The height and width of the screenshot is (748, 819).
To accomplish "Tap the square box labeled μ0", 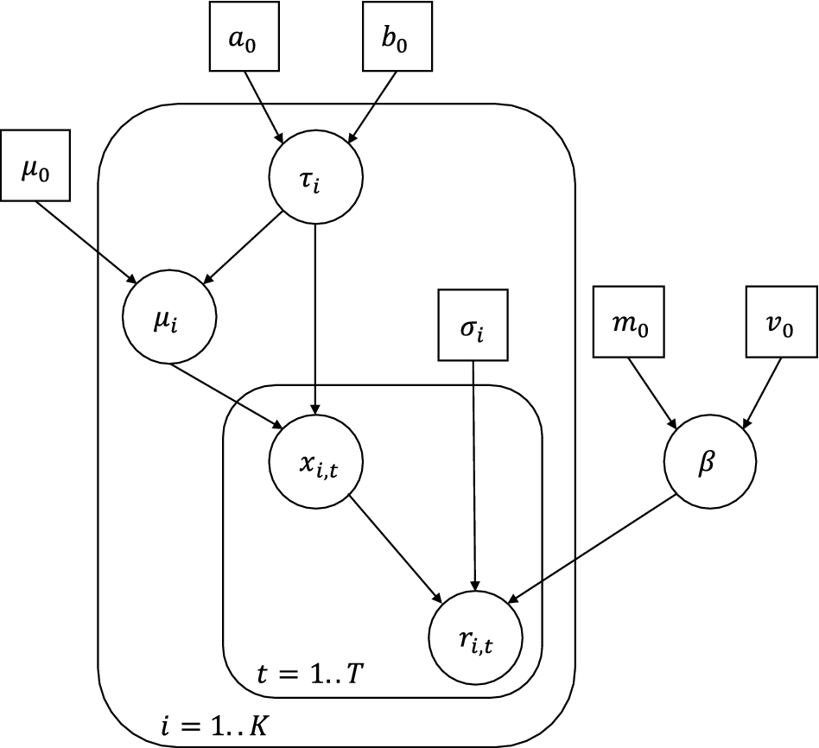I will coord(35,165).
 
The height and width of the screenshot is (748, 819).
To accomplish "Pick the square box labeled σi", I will coord(472,324).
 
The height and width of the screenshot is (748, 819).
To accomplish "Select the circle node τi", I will coord(316,180).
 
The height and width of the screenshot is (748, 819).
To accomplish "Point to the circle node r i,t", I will coord(475,638).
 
